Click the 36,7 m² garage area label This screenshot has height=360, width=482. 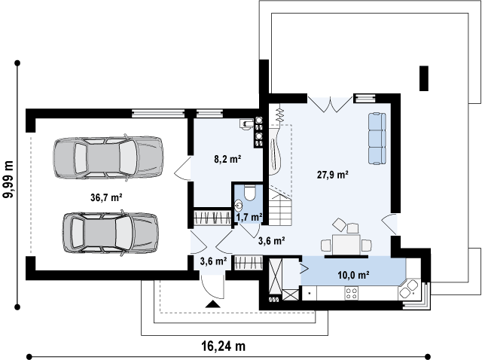point(107,197)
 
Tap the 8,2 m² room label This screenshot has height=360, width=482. point(227,159)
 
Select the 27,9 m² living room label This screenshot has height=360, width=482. point(333,175)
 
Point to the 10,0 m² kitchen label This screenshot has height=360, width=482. point(353,275)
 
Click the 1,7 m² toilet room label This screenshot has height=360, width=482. point(249,217)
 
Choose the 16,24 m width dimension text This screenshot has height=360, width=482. point(224,346)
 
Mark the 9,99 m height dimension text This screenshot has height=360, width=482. point(8,179)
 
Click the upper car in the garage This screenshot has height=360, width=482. point(108,157)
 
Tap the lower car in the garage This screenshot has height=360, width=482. point(111,233)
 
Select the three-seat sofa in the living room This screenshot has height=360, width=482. point(377,139)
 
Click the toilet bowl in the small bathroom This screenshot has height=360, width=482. point(249,193)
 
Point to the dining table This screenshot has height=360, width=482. point(346,245)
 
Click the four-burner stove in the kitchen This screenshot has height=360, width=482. point(352,293)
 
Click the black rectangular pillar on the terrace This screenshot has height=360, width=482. point(424,78)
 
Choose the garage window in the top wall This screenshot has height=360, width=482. point(158,113)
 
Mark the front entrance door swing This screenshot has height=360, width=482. point(212,287)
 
